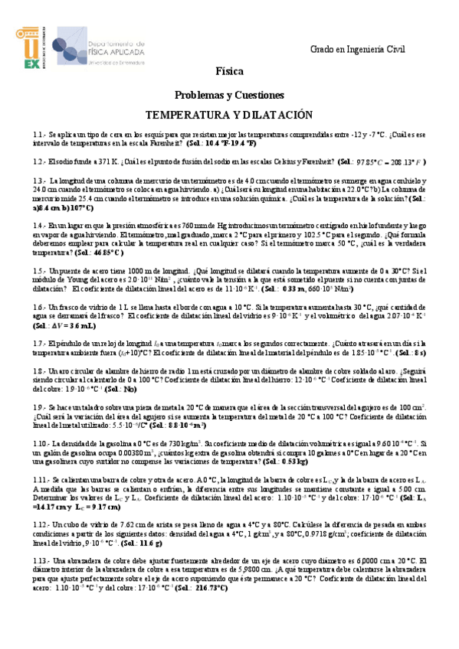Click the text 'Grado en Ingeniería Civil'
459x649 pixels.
click(x=357, y=49)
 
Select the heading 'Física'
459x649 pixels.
click(x=229, y=72)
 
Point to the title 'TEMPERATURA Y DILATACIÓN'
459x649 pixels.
click(x=229, y=114)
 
